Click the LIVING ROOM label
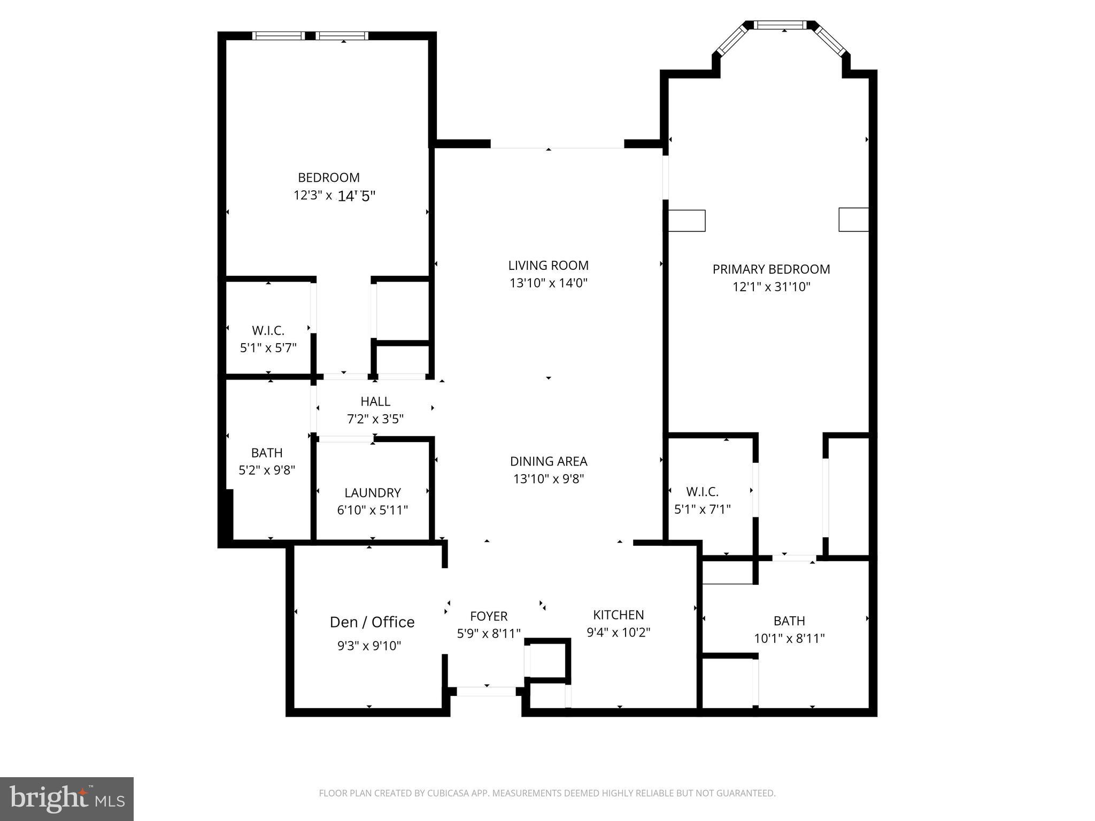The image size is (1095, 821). pyautogui.click(x=548, y=265)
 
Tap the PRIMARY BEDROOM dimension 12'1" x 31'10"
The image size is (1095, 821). pyautogui.click(x=771, y=287)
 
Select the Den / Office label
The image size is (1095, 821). pyautogui.click(x=372, y=622)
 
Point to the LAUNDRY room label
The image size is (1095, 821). pyautogui.click(x=372, y=493)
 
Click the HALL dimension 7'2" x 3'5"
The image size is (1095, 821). pyautogui.click(x=375, y=419)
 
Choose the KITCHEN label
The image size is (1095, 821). pyautogui.click(x=618, y=615)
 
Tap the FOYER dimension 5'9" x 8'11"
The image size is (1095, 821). pyautogui.click(x=488, y=634)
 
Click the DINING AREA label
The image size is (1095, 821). pyautogui.click(x=548, y=461)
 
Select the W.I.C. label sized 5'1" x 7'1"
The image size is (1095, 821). pyautogui.click(x=702, y=492)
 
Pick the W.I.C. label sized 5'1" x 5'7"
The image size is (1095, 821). pyautogui.click(x=268, y=331)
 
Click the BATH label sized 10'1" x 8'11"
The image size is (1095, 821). pyautogui.click(x=789, y=621)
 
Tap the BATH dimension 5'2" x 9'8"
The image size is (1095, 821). pyautogui.click(x=266, y=470)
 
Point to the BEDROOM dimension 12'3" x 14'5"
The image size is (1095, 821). pyautogui.click(x=334, y=196)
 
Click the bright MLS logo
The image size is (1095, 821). pyautogui.click(x=67, y=799)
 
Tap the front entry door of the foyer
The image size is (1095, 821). pyautogui.click(x=486, y=691)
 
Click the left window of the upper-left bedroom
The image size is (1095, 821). pyautogui.click(x=278, y=36)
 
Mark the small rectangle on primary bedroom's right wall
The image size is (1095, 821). pyautogui.click(x=853, y=220)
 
